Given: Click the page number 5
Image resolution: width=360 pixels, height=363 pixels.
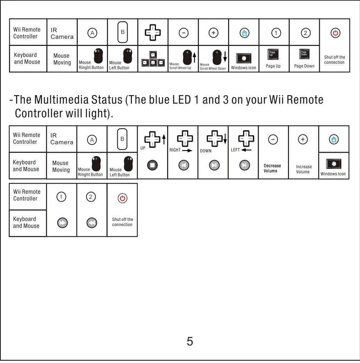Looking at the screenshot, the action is [x=190, y=341].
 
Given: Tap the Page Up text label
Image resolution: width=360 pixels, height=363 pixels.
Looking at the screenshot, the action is [x=273, y=66].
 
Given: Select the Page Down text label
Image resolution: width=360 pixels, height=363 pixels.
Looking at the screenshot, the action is [x=304, y=66].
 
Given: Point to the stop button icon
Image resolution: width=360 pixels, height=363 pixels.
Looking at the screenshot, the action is [x=152, y=165].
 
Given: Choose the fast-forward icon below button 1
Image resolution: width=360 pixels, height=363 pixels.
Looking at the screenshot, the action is [x=62, y=223].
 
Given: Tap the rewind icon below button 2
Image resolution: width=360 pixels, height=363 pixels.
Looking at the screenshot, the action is [x=92, y=223].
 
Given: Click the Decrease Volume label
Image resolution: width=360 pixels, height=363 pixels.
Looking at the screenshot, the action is [x=272, y=168].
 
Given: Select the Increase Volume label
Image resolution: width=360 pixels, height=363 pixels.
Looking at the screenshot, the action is [x=304, y=169].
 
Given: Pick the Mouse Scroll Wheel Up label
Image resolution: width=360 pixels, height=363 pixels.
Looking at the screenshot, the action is [x=180, y=66].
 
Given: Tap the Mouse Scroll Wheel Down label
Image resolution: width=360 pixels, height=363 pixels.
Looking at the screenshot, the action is [x=213, y=67].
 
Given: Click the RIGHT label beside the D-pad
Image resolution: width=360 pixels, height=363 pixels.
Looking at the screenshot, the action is [x=175, y=150].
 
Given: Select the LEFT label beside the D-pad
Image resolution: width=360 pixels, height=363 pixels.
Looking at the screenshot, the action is [x=235, y=150].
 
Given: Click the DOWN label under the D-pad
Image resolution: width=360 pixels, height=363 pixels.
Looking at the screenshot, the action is [x=206, y=151].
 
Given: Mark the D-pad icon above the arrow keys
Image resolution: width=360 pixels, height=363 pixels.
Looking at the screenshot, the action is [x=153, y=33].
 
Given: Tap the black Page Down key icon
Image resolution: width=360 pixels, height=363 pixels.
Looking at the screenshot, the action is [x=304, y=54].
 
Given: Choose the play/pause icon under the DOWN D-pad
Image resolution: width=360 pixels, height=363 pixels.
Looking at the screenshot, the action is [x=214, y=165].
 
